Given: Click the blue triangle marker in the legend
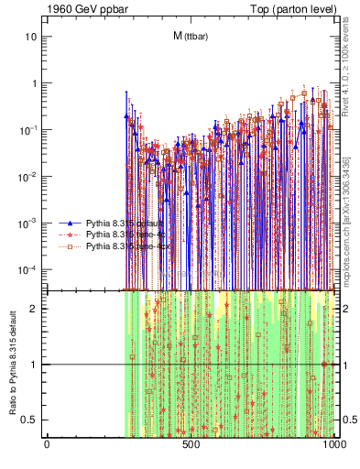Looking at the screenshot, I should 70,224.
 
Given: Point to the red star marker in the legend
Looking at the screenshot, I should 70,235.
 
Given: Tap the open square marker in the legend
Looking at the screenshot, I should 70,246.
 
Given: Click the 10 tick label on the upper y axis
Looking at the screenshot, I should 31,37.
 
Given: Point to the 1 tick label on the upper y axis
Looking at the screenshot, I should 34,83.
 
